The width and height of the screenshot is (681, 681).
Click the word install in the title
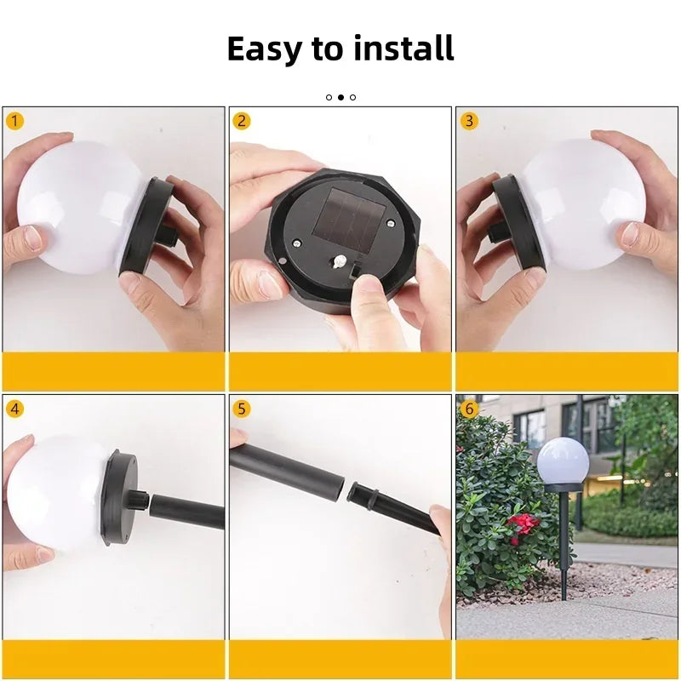coord(402,49)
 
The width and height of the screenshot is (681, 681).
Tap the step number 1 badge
coord(14,120)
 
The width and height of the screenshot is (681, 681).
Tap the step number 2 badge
coord(242,120)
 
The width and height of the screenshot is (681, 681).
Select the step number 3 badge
coord(469,120)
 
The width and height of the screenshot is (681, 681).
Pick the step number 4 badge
coord(14,409)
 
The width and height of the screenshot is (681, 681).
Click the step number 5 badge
coord(242,409)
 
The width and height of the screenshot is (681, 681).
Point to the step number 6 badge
coord(469,409)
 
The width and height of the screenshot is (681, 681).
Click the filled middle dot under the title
coord(340,97)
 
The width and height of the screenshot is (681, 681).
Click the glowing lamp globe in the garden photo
coord(563,460)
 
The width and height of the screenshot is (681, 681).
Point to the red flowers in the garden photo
coord(521,526)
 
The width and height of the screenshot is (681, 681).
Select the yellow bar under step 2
coord(340,371)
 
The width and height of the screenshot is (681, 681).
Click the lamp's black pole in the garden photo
coord(564,536)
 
